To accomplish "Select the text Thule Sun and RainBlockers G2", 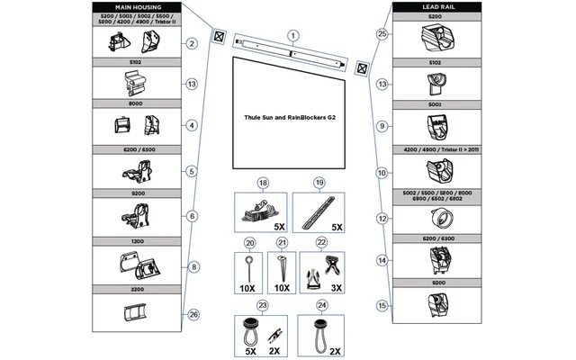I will click(290, 117).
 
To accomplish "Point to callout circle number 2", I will click(192, 43).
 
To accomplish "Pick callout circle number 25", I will click(382, 34).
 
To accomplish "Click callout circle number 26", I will click(192, 314).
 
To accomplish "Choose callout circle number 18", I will click(264, 183).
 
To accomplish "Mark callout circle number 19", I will click(319, 183).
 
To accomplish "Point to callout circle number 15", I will click(382, 305).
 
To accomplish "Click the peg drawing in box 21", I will click(282, 267).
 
